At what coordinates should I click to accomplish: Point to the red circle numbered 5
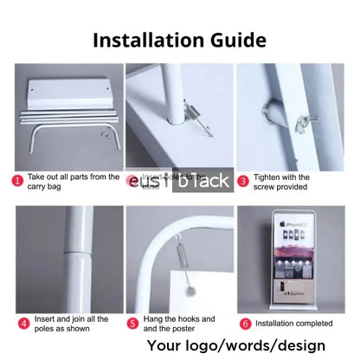[x=132, y=324]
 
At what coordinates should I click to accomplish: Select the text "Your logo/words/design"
[x=250, y=345]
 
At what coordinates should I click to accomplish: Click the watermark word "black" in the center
[x=202, y=182]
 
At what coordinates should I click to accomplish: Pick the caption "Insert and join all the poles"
[x=70, y=324]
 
